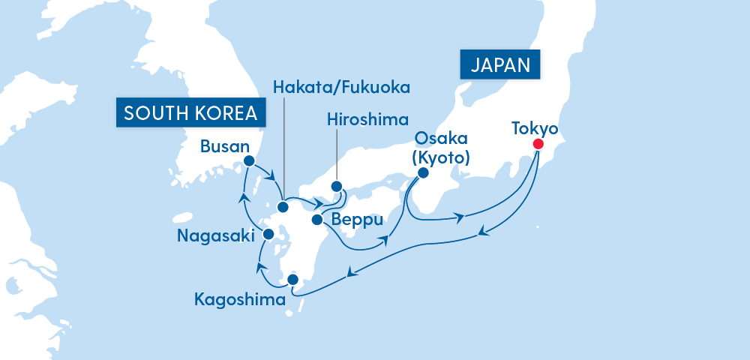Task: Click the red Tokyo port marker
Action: pyautogui.click(x=538, y=144)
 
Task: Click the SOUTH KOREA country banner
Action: pyautogui.click(x=190, y=112)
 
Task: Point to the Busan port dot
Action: pyautogui.click(x=250, y=160)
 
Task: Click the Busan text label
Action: pyautogui.click(x=224, y=146)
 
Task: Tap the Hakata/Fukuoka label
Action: pyautogui.click(x=342, y=88)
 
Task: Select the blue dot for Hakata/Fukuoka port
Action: pyautogui.click(x=283, y=207)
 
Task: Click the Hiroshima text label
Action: pyautogui.click(x=367, y=119)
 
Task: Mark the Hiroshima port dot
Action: pyautogui.click(x=336, y=187)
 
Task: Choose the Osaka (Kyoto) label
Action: pyautogui.click(x=441, y=148)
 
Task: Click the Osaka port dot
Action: pyautogui.click(x=422, y=172)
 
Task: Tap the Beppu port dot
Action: pyautogui.click(x=316, y=220)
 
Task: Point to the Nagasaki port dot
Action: pyautogui.click(x=268, y=235)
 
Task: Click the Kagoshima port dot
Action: pyautogui.click(x=293, y=280)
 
